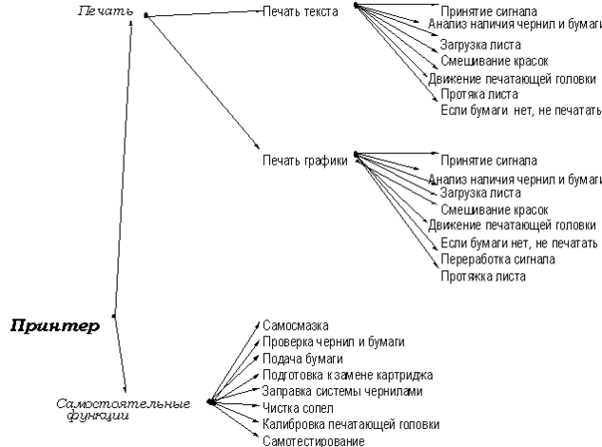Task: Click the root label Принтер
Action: [54, 327]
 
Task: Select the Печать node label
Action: [102, 12]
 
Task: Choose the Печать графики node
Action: [303, 160]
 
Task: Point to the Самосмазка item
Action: [296, 325]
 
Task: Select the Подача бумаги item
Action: [302, 359]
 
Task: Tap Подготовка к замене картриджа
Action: [347, 375]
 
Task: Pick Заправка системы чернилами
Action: [342, 391]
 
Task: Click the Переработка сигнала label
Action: [497, 259]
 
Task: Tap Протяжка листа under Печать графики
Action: [482, 276]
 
